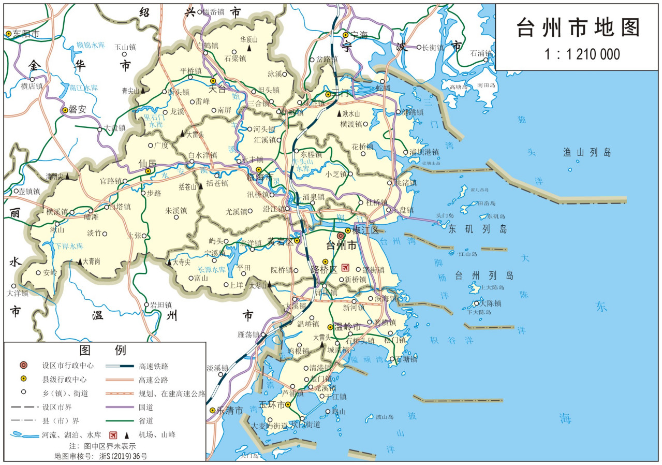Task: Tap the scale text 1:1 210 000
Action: tap(578, 54)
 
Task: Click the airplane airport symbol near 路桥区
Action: tap(346, 268)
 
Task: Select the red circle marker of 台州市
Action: tap(341, 236)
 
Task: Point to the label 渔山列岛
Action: tap(587, 152)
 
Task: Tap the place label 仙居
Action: tap(147, 163)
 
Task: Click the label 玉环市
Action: tap(271, 404)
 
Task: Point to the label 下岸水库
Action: tap(69, 246)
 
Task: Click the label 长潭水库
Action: tap(212, 270)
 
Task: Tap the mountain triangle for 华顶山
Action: tap(249, 48)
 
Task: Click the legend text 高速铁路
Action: tap(153, 366)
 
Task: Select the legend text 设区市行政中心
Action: tap(68, 365)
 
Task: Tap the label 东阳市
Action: tap(26, 34)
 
